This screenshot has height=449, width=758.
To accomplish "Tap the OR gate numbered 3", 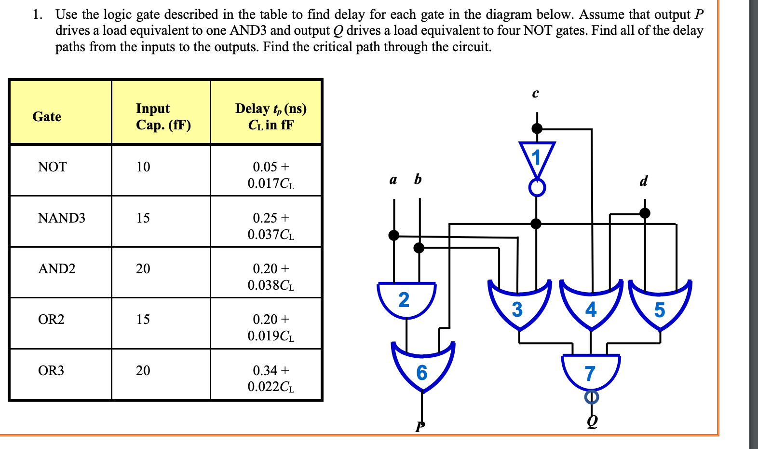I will tap(518, 307).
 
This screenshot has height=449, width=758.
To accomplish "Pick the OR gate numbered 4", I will tap(591, 307).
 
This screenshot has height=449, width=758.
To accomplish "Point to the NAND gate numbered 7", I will tap(591, 372).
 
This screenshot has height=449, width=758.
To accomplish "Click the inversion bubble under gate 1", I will tap(537, 187).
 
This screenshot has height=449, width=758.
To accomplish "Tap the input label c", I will tap(535, 93).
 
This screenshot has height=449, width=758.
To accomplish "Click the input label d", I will tap(643, 181).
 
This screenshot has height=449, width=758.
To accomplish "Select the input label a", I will tap(393, 180).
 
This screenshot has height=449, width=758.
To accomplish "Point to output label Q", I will tap(592, 421).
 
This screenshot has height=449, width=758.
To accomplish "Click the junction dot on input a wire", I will tap(394, 235).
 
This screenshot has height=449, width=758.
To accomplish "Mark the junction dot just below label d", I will tap(645, 213).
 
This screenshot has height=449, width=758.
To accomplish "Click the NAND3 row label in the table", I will tap(61, 218).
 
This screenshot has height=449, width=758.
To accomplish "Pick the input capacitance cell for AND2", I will tap(143, 269).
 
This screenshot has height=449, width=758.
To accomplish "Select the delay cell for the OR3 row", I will tap(271, 379).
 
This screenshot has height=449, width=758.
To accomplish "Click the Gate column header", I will tap(47, 117).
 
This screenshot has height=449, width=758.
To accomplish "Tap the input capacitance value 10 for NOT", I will tap(143, 167).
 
